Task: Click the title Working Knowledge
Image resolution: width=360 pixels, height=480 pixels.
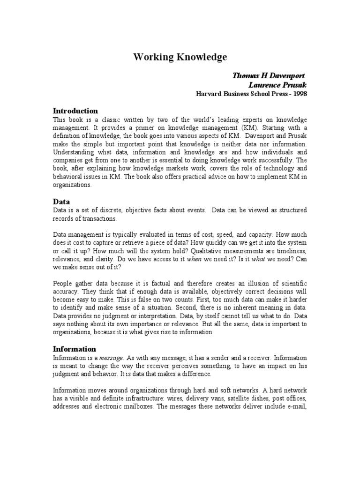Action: (x=180, y=57)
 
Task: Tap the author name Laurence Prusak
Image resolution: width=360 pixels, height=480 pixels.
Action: (x=277, y=85)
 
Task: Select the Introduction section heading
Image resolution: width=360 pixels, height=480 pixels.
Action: (x=75, y=111)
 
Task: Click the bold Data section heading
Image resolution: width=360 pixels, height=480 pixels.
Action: (x=61, y=202)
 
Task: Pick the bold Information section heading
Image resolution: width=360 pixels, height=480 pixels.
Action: (x=75, y=349)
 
